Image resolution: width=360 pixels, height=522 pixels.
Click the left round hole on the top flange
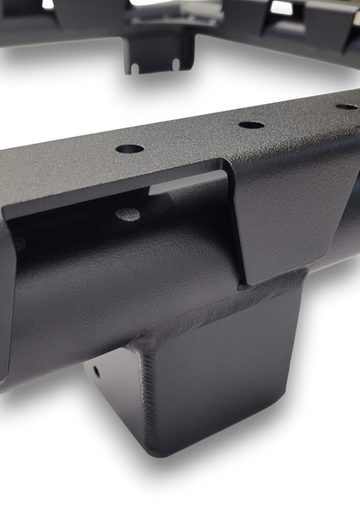point(130,148)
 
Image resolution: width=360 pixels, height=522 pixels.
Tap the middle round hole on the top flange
point(251,125)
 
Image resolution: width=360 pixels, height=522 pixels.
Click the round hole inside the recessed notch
point(128,213)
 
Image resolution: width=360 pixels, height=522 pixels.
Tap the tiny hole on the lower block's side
point(95,372)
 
